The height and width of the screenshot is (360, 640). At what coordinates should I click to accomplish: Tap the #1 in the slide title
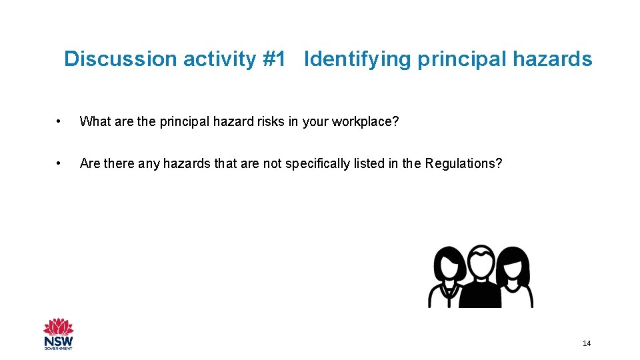274,59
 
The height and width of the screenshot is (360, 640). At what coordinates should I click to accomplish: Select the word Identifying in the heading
357,59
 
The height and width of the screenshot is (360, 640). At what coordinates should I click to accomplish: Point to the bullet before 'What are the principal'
60,122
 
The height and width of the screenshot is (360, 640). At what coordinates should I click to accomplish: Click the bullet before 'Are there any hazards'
60,163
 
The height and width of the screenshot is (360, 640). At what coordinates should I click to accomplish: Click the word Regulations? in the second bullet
463,163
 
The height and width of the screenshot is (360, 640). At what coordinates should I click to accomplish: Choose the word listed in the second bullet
368,163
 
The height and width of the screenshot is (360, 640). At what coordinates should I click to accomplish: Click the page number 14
587,343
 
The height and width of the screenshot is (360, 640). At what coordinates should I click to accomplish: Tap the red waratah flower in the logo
59,327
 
